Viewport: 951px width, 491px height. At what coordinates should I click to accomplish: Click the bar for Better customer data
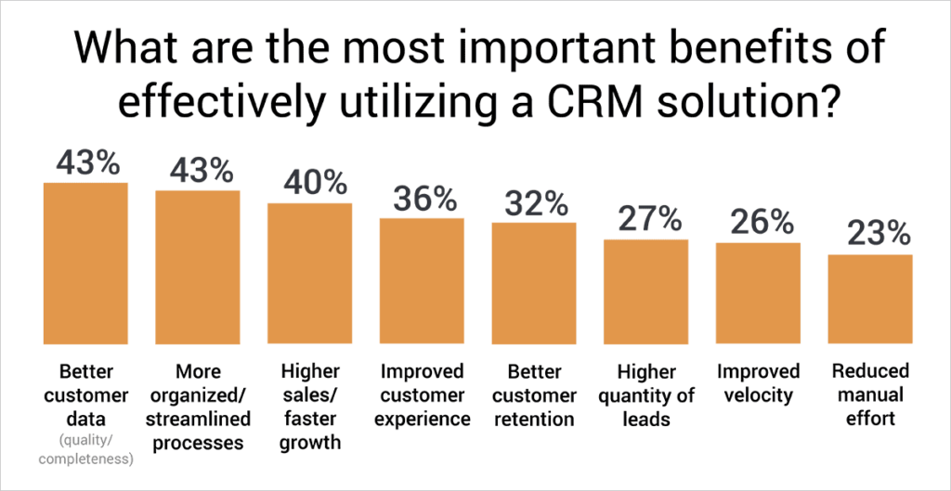click(85, 263)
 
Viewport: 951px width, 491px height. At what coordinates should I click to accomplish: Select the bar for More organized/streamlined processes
click(198, 266)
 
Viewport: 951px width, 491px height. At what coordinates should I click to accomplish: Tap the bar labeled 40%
click(310, 273)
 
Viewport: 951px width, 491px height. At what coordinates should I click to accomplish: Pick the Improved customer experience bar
click(423, 280)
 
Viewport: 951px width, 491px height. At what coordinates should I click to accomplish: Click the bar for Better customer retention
click(534, 283)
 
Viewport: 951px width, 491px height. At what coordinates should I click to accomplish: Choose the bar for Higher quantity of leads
click(646, 291)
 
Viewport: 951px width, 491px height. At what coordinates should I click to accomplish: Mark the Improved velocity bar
click(758, 293)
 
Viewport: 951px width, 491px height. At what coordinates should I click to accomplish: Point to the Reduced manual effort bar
click(870, 299)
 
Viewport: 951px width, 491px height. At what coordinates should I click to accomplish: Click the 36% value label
click(423, 199)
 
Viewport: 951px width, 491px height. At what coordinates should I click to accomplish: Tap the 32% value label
click(534, 203)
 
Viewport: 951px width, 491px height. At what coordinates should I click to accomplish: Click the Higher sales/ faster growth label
click(310, 406)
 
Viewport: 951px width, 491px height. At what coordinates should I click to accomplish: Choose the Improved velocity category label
click(758, 382)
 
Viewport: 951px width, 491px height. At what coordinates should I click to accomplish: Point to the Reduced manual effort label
click(870, 394)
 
